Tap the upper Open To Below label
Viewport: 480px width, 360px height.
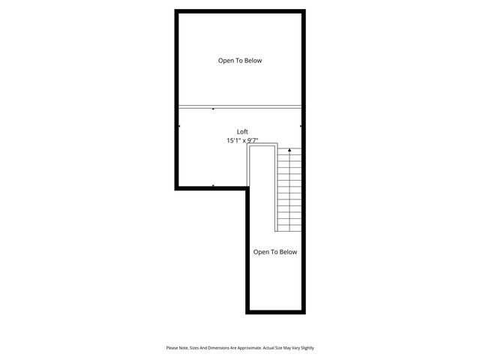tap(240, 61)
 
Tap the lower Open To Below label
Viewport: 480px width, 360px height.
tap(274, 252)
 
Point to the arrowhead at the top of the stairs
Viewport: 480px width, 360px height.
tap(289, 151)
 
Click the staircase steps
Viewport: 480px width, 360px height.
tap(289, 191)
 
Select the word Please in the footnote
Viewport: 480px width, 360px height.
tap(172, 348)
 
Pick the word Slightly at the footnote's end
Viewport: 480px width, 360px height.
tap(306, 348)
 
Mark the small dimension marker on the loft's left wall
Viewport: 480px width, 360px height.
tap(180, 126)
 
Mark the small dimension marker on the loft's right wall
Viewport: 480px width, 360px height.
tap(301, 126)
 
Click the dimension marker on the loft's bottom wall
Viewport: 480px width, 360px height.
tap(214, 185)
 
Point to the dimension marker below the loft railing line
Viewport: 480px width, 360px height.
tap(214, 109)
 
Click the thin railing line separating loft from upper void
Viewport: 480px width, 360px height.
tap(240, 106)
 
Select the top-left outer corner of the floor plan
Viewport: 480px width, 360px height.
tap(176, 10)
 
